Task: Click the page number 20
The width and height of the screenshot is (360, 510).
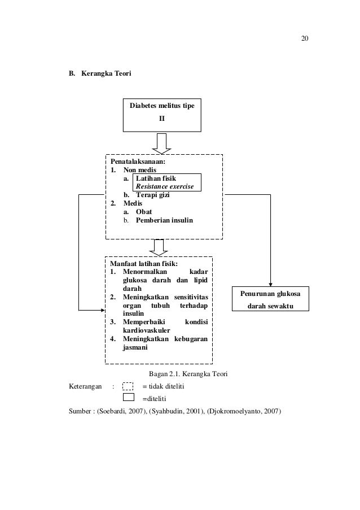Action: [305, 38]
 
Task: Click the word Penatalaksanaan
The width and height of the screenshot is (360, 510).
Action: [134, 162]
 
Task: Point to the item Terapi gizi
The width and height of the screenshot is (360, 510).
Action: [152, 195]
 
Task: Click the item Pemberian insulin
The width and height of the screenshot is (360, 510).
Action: [164, 220]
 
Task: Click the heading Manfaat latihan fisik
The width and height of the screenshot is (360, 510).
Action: [144, 264]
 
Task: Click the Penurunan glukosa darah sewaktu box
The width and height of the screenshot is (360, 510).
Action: [271, 299]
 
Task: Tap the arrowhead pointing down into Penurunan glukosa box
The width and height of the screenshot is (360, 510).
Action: [271, 284]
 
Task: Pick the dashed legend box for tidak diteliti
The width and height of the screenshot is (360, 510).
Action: [128, 386]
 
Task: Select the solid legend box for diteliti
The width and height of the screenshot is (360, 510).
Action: [128, 398]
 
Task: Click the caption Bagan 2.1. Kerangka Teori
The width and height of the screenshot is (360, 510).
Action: [187, 374]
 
